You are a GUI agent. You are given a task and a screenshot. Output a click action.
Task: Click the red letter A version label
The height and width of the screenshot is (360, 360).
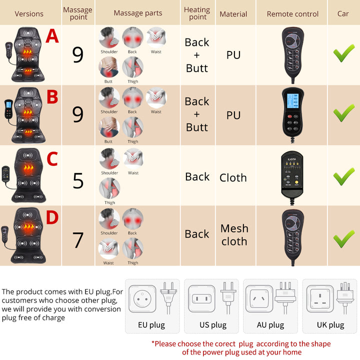52,36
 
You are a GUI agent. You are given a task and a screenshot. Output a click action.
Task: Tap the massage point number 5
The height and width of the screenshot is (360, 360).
78,180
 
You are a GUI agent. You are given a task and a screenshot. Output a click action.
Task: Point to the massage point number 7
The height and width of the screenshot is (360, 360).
78,240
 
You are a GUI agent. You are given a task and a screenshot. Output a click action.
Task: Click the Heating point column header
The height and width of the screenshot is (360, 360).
197,13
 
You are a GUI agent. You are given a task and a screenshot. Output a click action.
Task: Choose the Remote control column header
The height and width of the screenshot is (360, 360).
292,13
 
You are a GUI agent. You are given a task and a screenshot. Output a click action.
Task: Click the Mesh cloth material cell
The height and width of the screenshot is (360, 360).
233,234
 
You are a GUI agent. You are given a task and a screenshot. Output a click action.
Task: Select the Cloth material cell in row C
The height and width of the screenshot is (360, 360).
233,177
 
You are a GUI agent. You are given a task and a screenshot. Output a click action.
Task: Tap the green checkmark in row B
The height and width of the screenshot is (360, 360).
343,113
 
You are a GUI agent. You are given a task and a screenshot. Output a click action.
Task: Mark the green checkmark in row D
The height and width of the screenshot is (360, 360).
343,237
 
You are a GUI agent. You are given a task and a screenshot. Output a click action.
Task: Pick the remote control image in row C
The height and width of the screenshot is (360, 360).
292,175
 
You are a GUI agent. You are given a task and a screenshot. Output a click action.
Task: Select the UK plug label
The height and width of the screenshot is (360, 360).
330,325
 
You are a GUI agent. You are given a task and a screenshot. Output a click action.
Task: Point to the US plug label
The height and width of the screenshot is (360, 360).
213,325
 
